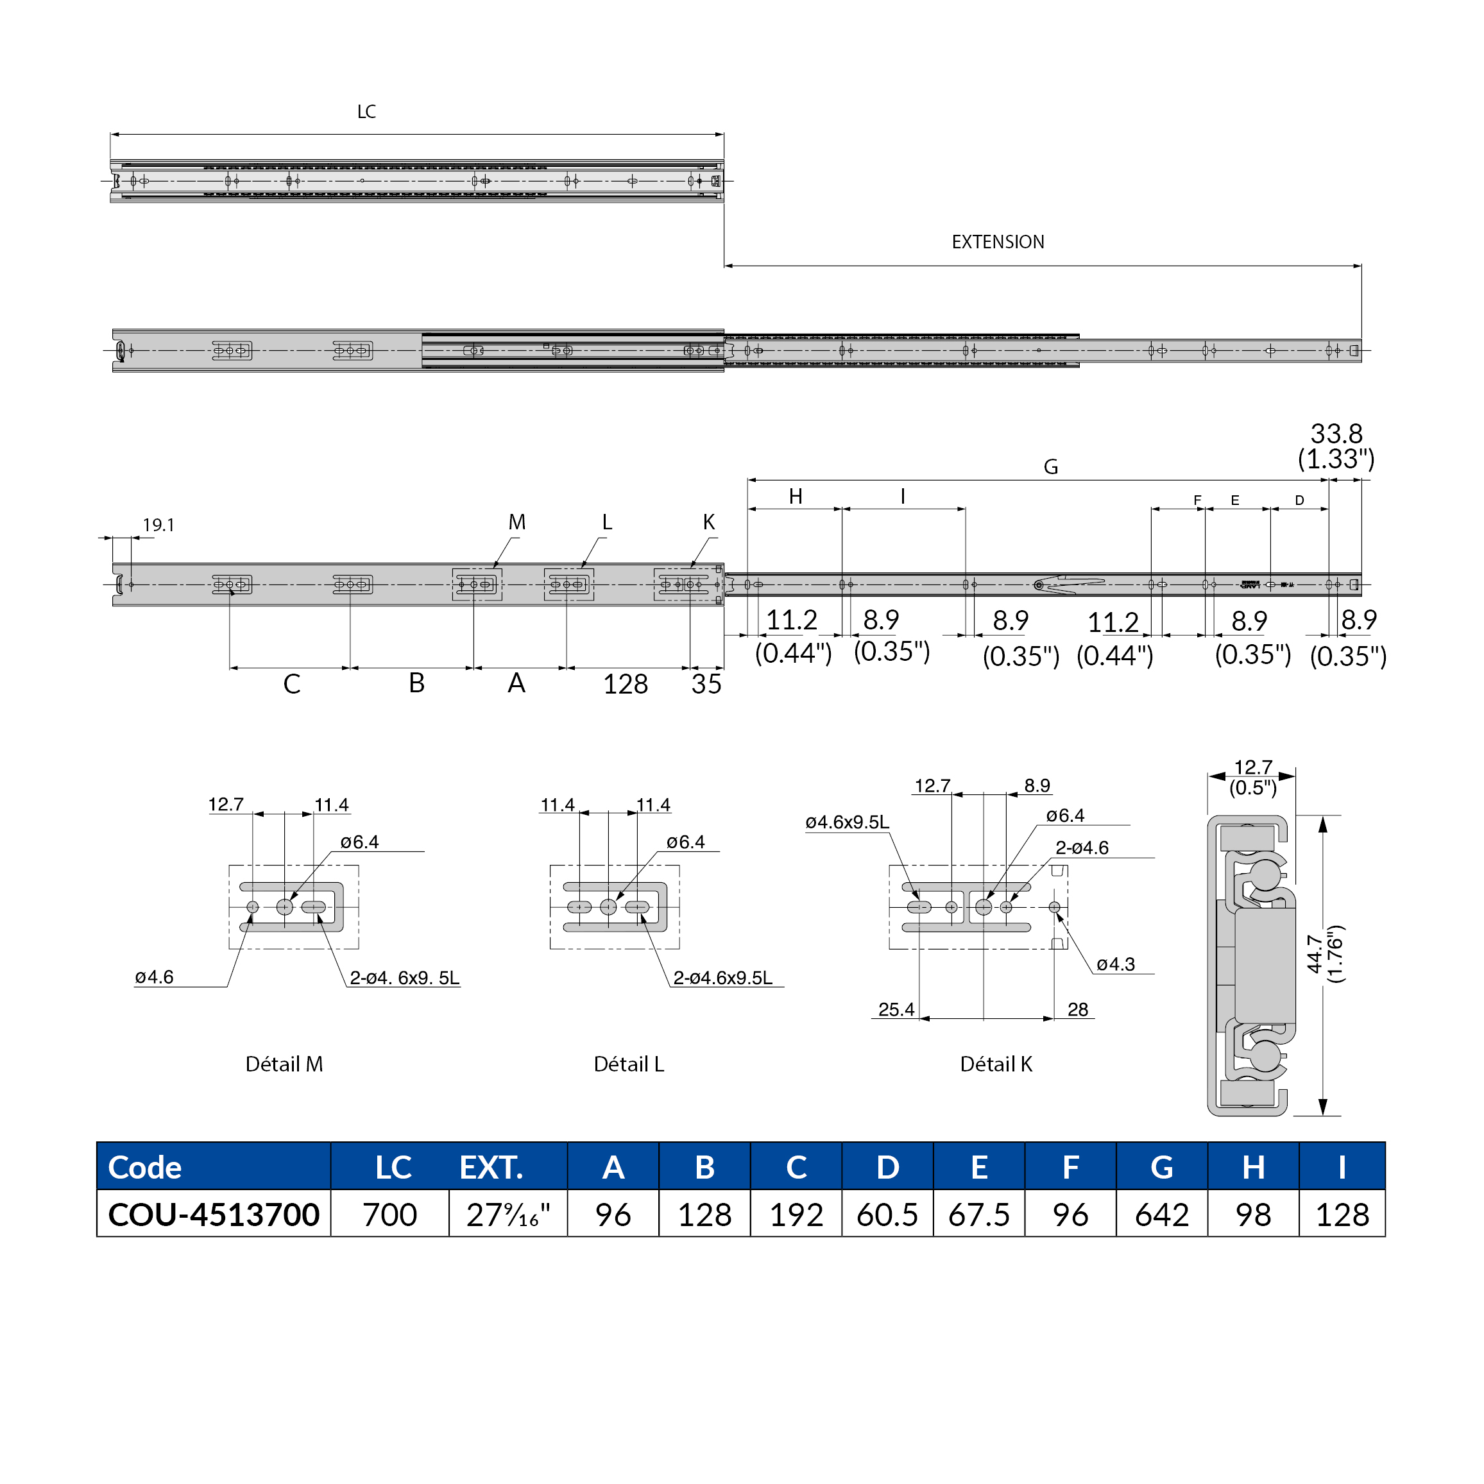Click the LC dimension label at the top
pos(366,112)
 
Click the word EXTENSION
pos(997,242)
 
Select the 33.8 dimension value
pos(1336,434)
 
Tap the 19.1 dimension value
pos(158,525)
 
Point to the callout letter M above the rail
pos(517,522)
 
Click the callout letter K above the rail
pos(708,522)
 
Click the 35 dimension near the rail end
pos(706,685)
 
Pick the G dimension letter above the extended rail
pos(1050,467)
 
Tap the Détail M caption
pos(284,1064)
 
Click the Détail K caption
pos(996,1064)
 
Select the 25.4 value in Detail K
pos(896,1009)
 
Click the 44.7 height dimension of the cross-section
pos(1314,953)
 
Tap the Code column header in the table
pos(145,1167)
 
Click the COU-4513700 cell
pos(214,1215)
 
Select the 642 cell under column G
pos(1161,1215)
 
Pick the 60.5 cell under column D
pos(887,1215)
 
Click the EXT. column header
pos(491,1167)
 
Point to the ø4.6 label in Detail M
pos(155,977)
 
